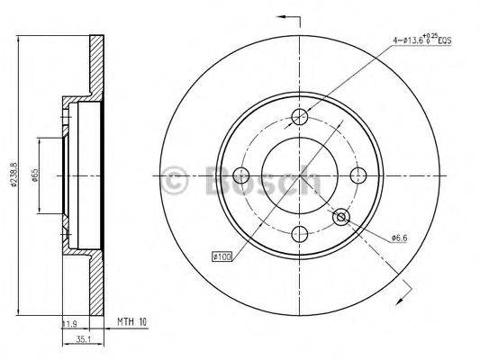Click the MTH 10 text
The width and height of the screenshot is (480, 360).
tap(131, 321)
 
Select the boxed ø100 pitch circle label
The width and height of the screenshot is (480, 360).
tap(222, 257)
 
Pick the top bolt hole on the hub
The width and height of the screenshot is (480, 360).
tap(301, 117)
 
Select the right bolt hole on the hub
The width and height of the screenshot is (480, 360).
tap(358, 175)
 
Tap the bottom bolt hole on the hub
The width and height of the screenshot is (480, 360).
tap(300, 234)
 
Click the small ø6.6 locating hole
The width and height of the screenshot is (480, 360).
tap(341, 217)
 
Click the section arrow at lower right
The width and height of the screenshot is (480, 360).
tap(407, 287)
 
